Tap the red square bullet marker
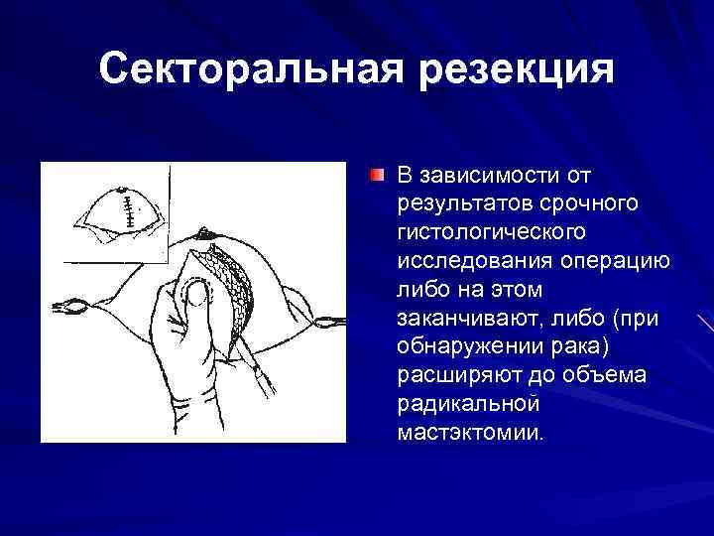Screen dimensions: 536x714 coord(378,176)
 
